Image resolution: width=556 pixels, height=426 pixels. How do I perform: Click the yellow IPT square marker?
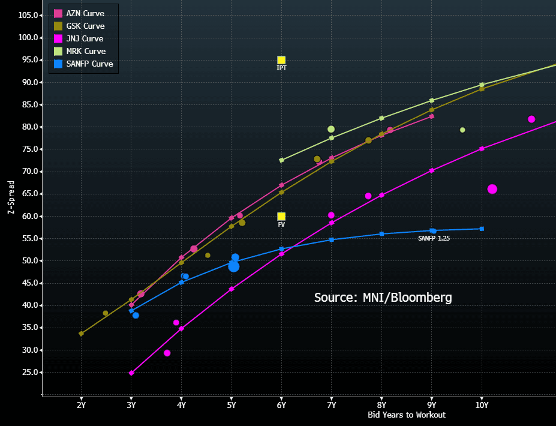(x=281, y=60)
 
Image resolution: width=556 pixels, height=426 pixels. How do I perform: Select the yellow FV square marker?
(x=281, y=217)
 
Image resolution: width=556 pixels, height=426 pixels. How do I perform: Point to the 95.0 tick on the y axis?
(x=29, y=60)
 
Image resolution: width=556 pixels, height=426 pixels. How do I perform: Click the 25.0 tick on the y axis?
(x=29, y=373)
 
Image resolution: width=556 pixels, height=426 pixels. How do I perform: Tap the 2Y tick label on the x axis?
(x=82, y=405)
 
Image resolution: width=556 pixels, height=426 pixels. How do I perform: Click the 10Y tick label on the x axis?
(x=481, y=405)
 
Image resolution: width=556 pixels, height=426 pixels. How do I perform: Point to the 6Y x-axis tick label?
(x=281, y=405)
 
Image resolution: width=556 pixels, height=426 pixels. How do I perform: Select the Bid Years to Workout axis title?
(x=406, y=415)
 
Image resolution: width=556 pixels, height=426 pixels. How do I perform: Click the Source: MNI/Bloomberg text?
(x=383, y=297)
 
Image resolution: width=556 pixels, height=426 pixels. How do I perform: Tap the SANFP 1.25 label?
(x=434, y=238)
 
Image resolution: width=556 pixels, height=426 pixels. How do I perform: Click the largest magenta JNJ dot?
(x=492, y=189)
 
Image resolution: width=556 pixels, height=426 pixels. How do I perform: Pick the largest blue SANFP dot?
(x=234, y=266)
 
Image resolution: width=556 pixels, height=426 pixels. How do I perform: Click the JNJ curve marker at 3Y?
(x=131, y=373)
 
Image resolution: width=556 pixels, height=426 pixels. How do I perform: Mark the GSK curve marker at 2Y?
(x=82, y=334)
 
